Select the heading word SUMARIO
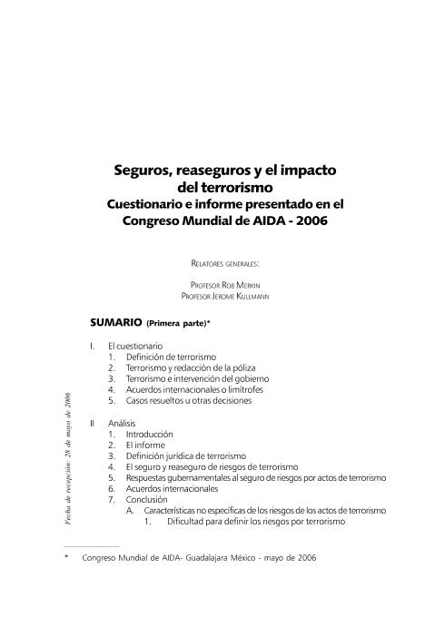pos(116,322)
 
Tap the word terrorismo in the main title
pos(238,187)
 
